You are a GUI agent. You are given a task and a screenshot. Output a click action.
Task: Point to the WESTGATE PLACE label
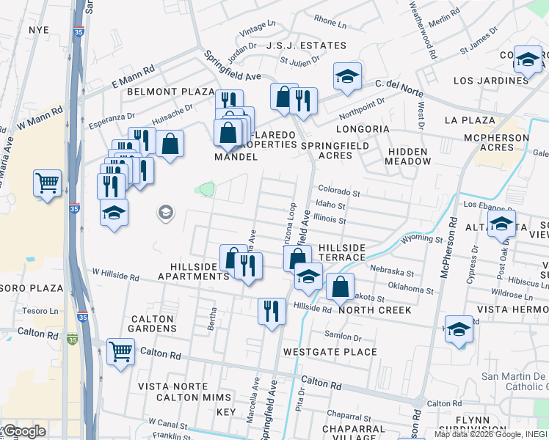[x=330, y=352]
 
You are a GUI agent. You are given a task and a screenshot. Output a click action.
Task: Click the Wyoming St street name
[x=422, y=239]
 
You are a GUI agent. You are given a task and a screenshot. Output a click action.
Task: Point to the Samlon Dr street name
[x=343, y=337]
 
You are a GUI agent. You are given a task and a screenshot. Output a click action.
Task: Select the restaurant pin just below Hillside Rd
[x=272, y=311]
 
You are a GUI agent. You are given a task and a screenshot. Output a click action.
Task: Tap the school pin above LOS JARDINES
[x=527, y=59]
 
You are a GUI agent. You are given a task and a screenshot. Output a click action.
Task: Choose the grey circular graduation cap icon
[x=166, y=213]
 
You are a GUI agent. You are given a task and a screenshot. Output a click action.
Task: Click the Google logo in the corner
[x=23, y=431]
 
